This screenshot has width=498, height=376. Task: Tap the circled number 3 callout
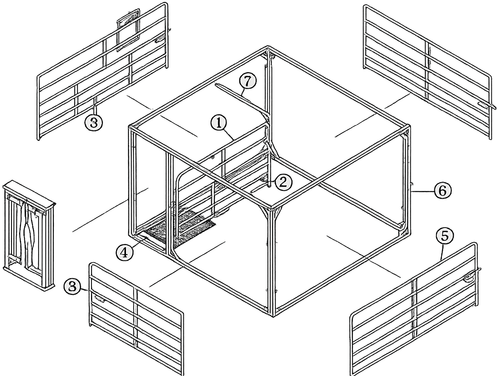(x=94, y=123)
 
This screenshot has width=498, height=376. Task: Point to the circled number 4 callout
(x=124, y=253)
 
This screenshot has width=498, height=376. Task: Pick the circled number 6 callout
(x=443, y=191)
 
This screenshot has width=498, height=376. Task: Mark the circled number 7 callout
(x=248, y=82)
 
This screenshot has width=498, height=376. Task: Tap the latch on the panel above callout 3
(x=159, y=40)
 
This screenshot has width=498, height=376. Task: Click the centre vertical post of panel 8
(x=136, y=319)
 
